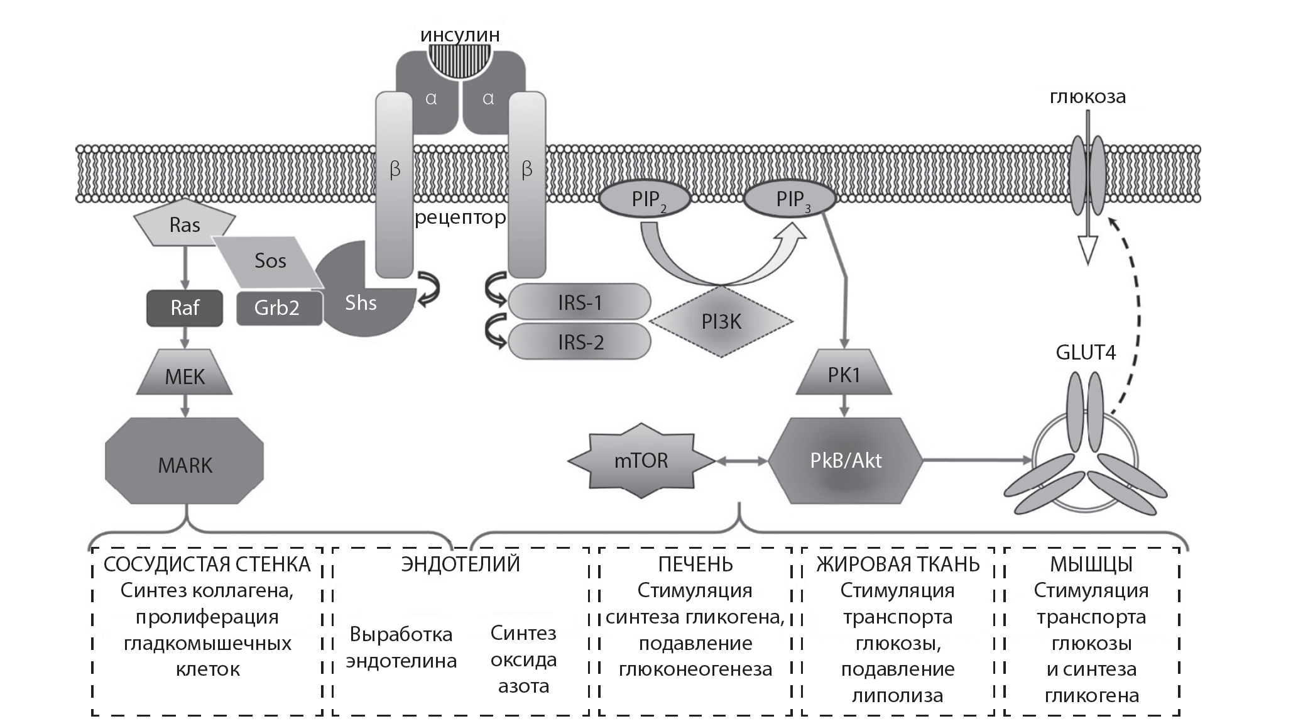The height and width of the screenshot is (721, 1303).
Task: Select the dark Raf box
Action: (185, 308)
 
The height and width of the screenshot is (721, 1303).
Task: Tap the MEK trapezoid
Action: (185, 377)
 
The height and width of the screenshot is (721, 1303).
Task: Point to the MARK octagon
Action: (185, 465)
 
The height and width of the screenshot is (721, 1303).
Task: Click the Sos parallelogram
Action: (270, 261)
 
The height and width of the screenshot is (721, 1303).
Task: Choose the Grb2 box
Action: (277, 308)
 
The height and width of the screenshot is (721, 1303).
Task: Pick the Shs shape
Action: (361, 303)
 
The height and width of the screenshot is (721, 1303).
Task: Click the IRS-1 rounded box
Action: (579, 302)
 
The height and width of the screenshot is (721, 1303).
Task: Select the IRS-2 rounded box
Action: (579, 342)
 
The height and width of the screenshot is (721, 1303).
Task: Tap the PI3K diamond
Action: (721, 322)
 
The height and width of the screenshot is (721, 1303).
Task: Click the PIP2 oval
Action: (645, 200)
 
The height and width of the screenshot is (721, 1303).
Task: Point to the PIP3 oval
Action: (790, 200)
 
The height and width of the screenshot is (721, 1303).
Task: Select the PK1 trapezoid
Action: (844, 375)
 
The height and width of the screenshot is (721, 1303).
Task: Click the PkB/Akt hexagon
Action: (846, 461)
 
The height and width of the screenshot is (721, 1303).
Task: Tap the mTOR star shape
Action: (641, 461)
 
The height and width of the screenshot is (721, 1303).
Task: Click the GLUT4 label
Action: (1086, 352)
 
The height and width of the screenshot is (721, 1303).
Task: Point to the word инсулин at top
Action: (460, 35)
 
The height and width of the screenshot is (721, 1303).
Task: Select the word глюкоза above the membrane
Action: (1088, 97)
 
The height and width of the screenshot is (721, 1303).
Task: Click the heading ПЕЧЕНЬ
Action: (695, 564)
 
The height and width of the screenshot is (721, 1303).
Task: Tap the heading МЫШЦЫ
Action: (1091, 564)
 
